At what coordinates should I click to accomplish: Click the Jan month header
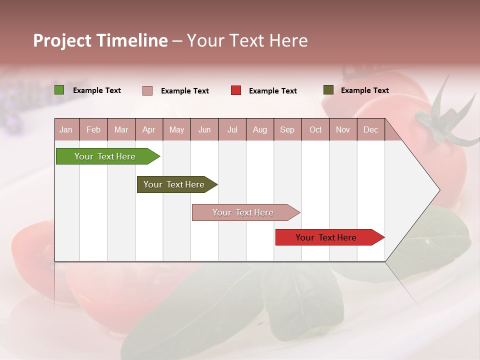66,130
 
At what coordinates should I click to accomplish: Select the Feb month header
93,130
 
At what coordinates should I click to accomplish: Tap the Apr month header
148,130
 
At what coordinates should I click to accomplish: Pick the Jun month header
204,130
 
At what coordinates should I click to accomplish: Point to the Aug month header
259,130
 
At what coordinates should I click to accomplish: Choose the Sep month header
287,130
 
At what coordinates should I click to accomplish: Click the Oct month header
315,130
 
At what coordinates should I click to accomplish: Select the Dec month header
370,130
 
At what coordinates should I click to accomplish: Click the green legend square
59,90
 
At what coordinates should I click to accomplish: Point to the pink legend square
147,90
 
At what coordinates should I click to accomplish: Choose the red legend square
236,90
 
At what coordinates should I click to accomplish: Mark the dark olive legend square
328,90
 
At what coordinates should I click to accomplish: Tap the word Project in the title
62,40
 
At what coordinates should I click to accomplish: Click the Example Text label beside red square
272,91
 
